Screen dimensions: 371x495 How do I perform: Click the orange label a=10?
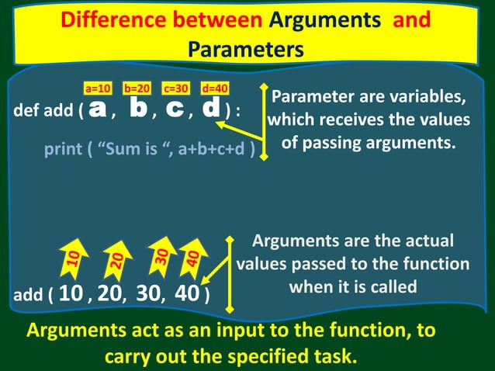[99, 88]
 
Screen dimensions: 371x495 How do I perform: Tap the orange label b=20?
[137, 88]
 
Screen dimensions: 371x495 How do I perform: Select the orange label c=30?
[178, 88]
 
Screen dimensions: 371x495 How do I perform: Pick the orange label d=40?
[215, 88]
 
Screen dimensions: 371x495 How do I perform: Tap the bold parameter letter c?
[175, 109]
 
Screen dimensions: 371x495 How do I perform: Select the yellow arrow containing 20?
[116, 262]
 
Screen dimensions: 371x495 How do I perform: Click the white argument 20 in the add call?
[110, 294]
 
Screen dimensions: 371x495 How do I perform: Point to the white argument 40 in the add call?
[186, 294]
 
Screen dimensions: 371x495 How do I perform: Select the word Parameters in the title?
[245, 50]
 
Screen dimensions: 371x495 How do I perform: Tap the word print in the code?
[65, 149]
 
